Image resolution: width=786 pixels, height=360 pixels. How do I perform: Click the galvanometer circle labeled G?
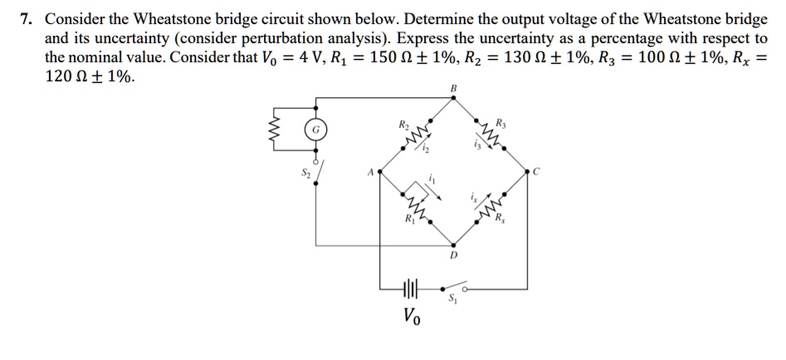316,129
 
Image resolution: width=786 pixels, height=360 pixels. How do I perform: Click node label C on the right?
536,172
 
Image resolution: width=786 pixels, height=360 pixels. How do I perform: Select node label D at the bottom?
453,255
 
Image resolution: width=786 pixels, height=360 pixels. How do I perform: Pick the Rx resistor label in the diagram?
500,219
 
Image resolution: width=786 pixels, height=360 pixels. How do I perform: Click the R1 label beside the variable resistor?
409,220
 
